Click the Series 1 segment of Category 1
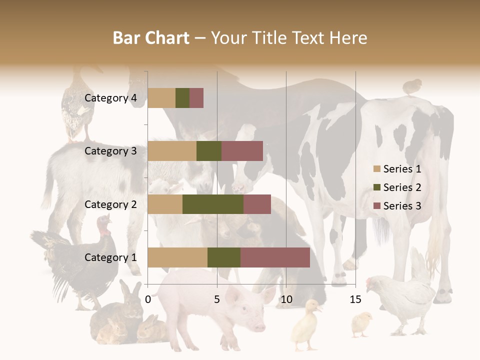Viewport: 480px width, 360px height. click(x=177, y=257)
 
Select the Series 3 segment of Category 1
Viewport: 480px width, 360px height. click(x=275, y=257)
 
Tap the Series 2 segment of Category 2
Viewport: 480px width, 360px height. click(x=213, y=204)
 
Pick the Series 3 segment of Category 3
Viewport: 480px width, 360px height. click(x=242, y=151)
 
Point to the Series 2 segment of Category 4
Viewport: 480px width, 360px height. click(x=182, y=98)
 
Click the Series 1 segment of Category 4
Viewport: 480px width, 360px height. click(x=161, y=98)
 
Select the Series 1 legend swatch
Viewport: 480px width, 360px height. click(x=377, y=169)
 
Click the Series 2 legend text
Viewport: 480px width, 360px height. click(x=402, y=187)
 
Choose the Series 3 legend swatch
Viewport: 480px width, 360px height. click(x=377, y=206)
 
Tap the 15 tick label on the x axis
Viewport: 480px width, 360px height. click(x=355, y=299)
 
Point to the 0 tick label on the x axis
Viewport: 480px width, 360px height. click(x=148, y=299)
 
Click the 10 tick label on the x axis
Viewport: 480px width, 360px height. click(x=286, y=299)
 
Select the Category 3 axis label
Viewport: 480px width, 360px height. click(x=110, y=151)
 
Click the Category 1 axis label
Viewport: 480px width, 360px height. click(x=110, y=257)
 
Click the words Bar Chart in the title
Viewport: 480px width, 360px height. click(x=151, y=38)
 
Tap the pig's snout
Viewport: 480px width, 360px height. click(x=258, y=326)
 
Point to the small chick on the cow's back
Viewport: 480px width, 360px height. click(x=411, y=86)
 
